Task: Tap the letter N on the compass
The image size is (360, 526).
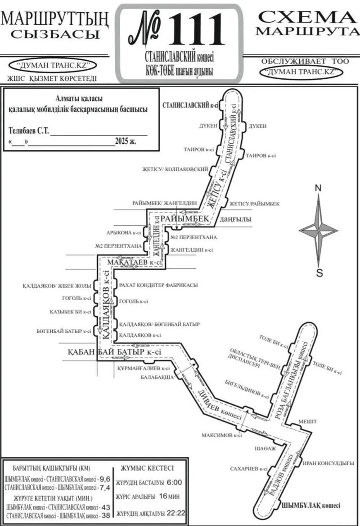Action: click(318, 188)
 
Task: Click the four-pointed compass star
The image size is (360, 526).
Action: click(319, 230)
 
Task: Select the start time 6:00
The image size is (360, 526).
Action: click(174, 482)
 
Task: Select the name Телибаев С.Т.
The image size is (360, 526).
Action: click(29, 131)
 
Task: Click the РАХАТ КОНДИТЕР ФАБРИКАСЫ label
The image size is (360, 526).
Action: click(158, 285)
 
